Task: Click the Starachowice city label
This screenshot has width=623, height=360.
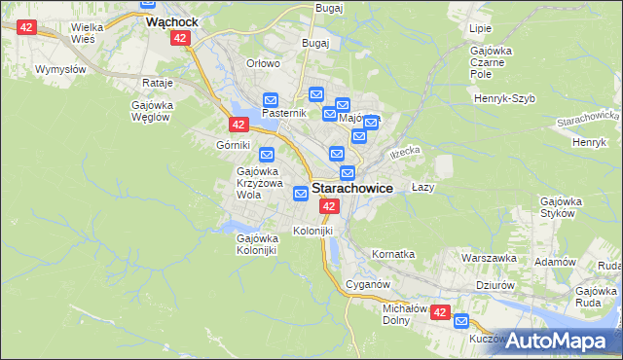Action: click(351, 189)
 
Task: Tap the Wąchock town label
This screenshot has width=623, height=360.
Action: click(165, 19)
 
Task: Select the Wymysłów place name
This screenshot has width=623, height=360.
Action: click(60, 69)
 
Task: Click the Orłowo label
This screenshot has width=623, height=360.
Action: click(263, 63)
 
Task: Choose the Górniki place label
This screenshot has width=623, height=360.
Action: click(235, 144)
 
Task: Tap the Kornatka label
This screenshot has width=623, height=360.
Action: click(393, 254)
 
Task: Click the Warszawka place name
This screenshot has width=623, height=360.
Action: click(489, 259)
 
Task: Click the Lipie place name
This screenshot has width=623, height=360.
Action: click(480, 29)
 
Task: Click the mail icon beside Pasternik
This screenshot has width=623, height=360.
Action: click(271, 99)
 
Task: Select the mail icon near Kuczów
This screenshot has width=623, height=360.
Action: click(461, 322)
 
